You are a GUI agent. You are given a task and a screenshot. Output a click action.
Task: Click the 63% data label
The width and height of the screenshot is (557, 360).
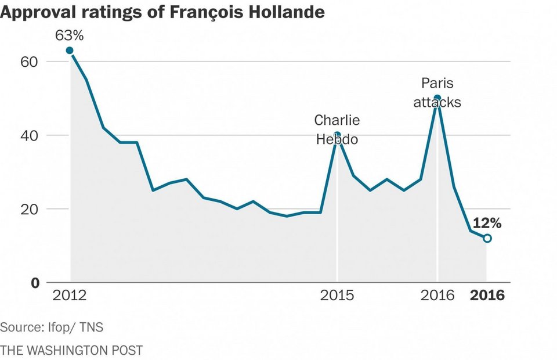click(70, 35)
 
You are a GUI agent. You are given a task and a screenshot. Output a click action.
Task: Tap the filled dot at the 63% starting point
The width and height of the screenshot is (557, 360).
click(70, 51)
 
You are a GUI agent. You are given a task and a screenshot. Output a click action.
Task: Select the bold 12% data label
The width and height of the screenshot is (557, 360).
click(487, 223)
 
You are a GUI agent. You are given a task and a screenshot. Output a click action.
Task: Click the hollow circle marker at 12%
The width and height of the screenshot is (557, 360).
click(487, 238)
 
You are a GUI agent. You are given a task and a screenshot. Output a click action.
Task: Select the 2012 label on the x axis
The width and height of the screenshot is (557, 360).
click(70, 296)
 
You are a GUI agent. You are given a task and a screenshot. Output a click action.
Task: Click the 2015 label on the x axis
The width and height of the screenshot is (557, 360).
click(337, 296)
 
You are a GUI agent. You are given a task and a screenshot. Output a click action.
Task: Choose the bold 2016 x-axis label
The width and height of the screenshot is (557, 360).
click(487, 296)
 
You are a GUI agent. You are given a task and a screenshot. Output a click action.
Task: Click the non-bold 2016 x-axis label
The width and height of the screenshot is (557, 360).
click(437, 296)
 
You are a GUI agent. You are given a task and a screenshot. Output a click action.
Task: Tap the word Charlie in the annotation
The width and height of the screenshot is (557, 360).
click(337, 120)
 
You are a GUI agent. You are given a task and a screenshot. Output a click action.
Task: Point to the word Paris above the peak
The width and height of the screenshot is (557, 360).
click(437, 83)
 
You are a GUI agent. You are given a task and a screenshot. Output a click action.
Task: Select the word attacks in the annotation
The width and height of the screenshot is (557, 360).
click(437, 102)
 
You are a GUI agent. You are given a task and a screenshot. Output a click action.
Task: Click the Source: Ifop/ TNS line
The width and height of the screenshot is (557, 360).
click(52, 327)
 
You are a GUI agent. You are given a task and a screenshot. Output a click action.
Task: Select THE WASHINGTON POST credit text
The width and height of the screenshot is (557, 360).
click(71, 350)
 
